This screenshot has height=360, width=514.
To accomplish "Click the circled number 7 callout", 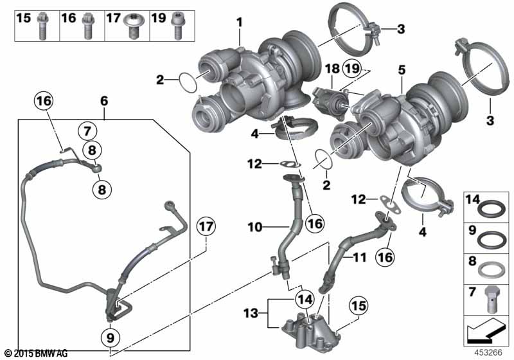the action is (x=89, y=131).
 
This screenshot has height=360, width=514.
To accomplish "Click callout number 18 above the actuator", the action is (x=332, y=69).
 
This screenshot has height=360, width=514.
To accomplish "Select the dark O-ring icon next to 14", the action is (x=490, y=210).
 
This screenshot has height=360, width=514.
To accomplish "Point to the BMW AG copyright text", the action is (x=35, y=353).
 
